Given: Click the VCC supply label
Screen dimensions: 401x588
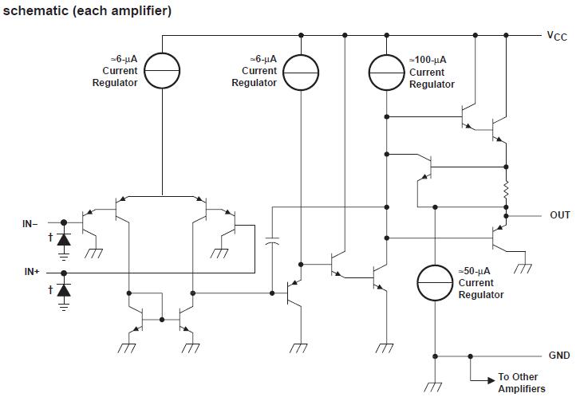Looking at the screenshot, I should (x=556, y=36).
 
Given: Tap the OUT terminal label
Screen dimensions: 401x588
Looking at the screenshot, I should (x=560, y=215).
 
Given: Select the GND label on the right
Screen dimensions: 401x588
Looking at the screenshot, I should (x=558, y=356).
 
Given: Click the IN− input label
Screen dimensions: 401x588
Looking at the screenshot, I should (x=30, y=224).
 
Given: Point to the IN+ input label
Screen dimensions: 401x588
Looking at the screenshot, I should (x=32, y=272).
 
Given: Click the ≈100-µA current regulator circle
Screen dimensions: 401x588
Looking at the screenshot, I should (x=387, y=73).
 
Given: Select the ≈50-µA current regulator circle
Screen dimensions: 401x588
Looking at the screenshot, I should (x=436, y=283).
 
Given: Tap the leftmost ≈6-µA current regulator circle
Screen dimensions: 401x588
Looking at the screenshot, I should (x=162, y=72).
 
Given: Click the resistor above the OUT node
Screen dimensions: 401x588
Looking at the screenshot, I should (x=506, y=191).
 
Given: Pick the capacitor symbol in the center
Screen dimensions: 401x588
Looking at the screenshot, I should (x=273, y=242).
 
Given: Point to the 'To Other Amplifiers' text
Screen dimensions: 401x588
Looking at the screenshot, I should (x=518, y=383).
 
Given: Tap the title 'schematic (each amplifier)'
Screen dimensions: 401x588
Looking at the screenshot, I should (x=87, y=10).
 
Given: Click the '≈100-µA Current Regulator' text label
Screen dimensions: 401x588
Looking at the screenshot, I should (x=432, y=72).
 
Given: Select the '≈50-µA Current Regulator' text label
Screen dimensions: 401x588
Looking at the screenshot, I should (x=480, y=283).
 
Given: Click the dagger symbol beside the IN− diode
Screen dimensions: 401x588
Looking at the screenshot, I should (x=50, y=237).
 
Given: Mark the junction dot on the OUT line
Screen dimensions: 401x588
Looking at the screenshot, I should (x=506, y=215).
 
